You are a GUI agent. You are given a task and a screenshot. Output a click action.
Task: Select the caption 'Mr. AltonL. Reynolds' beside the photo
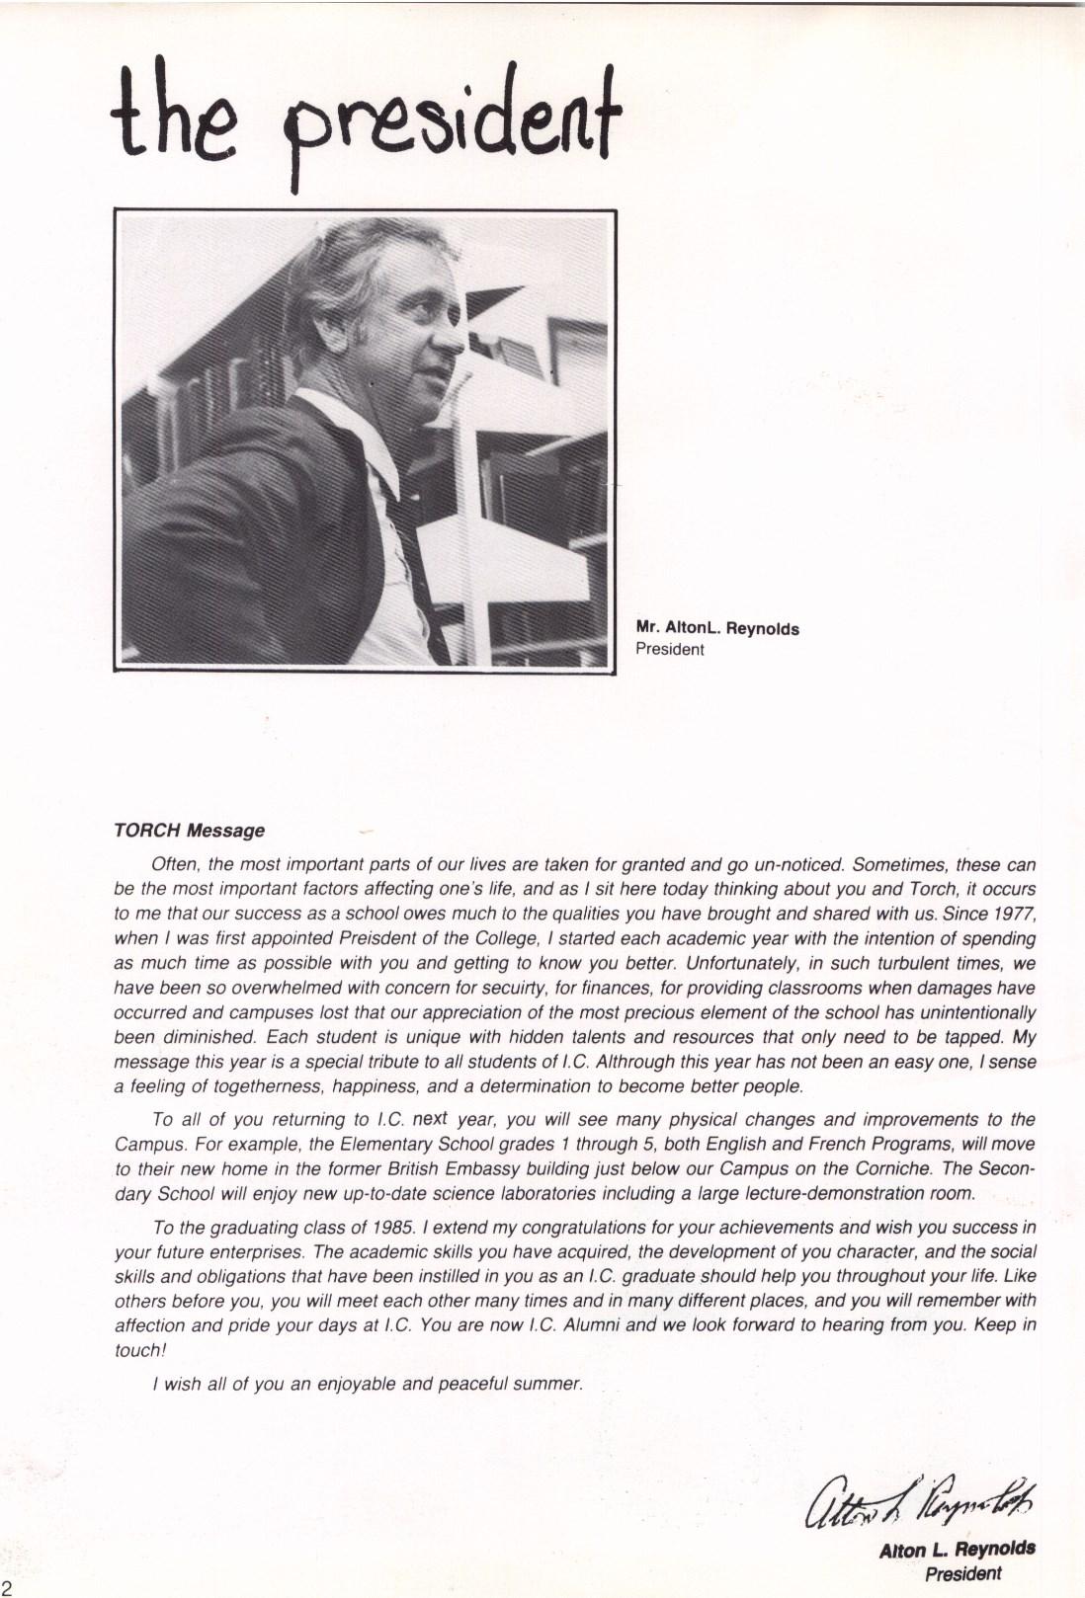[x=717, y=629]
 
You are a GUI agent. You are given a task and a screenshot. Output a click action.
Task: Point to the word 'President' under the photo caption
[x=670, y=649]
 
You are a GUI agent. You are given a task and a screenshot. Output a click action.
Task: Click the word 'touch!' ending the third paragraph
[x=136, y=1350]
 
